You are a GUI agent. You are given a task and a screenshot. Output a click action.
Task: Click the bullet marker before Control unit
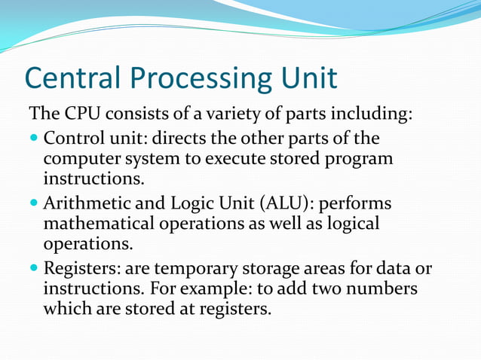pyautogui.click(x=34, y=140)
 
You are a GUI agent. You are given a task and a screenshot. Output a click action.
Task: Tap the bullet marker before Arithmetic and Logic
pyautogui.click(x=34, y=205)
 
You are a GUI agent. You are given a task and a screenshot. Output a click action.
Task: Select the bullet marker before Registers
pyautogui.click(x=34, y=270)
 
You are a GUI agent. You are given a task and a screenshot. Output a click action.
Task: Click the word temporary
pyautogui.click(x=195, y=269)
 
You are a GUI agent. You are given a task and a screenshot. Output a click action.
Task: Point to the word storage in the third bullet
pyautogui.click(x=276, y=269)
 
